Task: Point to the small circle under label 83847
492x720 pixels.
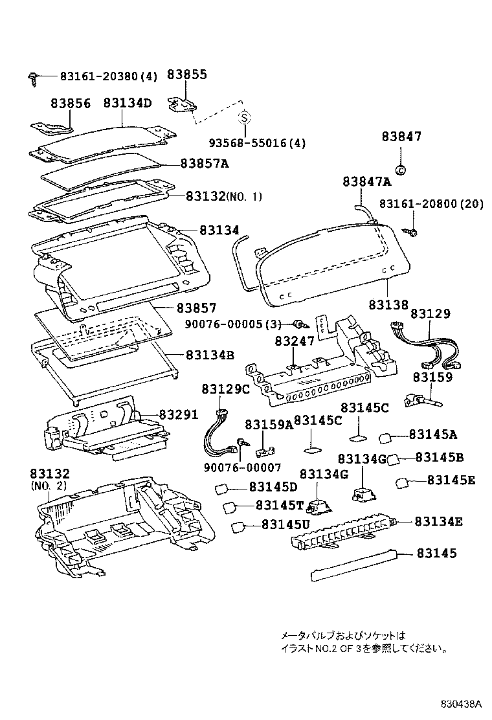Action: (x=399, y=170)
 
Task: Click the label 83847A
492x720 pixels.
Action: (x=367, y=182)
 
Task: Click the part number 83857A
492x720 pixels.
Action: (x=205, y=163)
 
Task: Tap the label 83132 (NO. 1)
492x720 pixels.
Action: (x=223, y=196)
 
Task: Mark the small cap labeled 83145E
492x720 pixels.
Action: (x=402, y=482)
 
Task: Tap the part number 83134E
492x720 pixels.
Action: (x=439, y=521)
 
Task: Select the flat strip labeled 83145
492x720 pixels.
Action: (x=353, y=565)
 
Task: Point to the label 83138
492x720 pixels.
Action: (x=388, y=304)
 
